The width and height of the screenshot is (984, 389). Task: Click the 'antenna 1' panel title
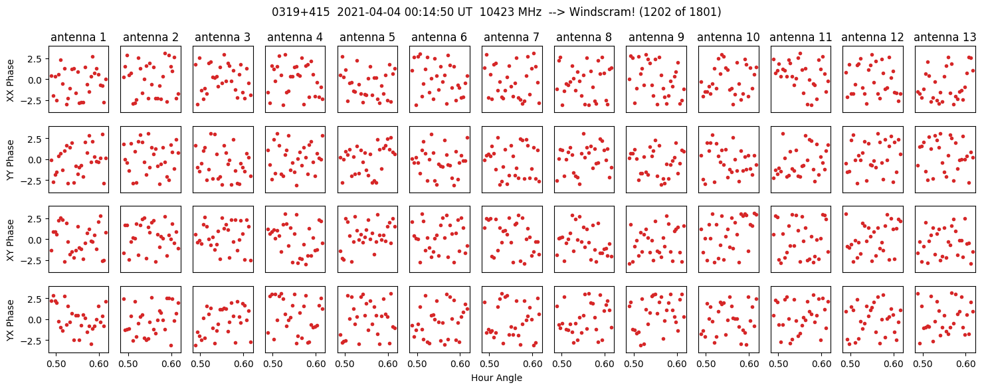(x=78, y=37)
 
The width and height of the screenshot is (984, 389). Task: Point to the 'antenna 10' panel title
(x=728, y=37)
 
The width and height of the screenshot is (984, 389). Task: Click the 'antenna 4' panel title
(x=295, y=37)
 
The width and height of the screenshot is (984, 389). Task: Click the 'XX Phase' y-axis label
(x=10, y=80)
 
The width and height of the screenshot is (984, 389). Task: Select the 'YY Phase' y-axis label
(x=10, y=159)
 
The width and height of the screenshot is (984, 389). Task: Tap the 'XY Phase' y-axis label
(x=10, y=239)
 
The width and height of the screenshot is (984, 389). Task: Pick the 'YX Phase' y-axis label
(x=10, y=319)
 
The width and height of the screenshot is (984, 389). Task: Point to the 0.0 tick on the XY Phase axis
(x=34, y=240)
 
